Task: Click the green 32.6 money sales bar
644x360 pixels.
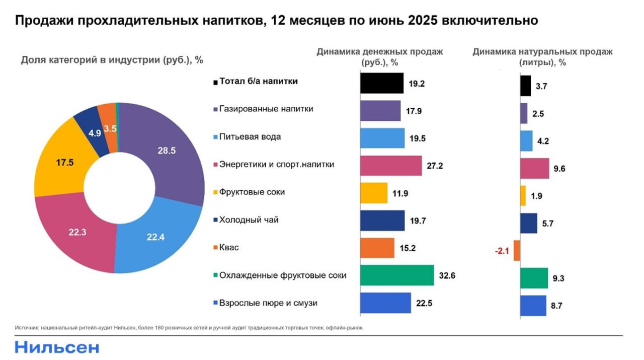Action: click(397, 275)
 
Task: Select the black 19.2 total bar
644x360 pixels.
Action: click(382, 84)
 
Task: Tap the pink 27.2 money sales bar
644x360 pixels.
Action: click(391, 166)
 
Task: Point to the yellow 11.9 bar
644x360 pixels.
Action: click(374, 193)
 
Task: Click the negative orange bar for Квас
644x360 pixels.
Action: click(517, 251)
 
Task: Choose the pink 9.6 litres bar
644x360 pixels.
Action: click(534, 168)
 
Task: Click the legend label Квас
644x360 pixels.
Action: click(229, 247)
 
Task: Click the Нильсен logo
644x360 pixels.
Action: click(57, 347)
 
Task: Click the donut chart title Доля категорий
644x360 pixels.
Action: click(112, 59)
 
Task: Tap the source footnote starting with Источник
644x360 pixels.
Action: click(189, 328)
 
